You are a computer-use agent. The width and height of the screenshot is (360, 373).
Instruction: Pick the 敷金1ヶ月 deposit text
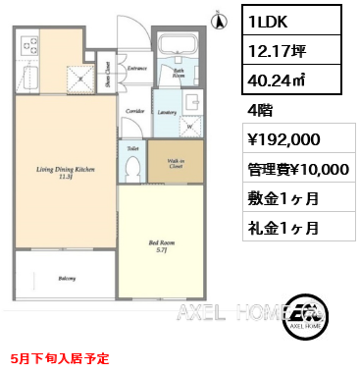point(281,199)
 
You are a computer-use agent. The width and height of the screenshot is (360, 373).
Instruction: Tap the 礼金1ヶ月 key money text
point(281,229)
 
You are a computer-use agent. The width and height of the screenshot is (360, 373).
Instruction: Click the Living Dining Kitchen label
point(67,170)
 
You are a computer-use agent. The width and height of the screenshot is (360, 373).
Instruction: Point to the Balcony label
point(67,278)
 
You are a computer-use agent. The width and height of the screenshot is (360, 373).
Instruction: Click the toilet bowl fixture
point(132,168)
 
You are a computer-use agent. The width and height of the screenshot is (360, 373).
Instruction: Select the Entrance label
point(136,69)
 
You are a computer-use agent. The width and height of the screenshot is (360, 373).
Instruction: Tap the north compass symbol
point(217,16)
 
